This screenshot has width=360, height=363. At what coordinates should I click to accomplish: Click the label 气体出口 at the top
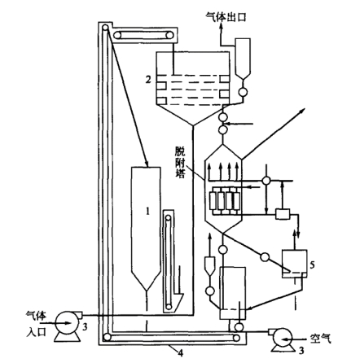(226, 16)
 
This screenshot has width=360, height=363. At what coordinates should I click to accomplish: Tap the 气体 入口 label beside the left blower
(36, 324)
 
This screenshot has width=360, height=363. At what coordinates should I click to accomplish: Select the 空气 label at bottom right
(321, 339)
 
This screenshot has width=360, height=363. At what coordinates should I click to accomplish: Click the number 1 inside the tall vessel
(147, 211)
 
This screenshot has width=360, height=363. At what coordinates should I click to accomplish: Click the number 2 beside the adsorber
(148, 80)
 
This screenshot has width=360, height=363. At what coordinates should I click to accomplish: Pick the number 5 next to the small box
(312, 265)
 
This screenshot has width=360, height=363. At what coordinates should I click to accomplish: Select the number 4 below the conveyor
(180, 353)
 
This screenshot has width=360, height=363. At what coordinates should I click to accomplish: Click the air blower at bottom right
(283, 339)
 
